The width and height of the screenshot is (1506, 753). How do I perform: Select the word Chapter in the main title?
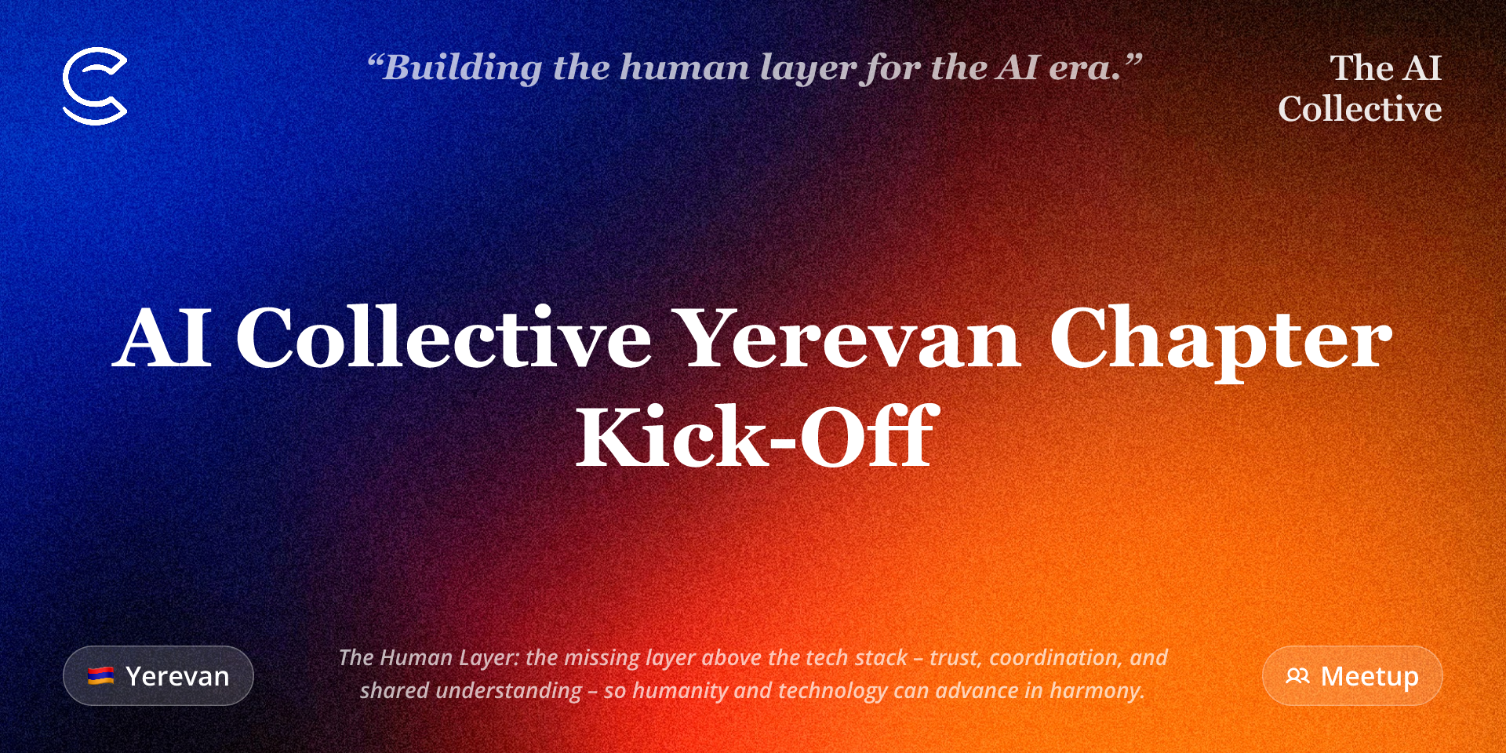coord(1221,340)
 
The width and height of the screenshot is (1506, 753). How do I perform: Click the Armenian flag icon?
coord(101,675)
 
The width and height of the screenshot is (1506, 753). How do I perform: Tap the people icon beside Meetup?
coord(1297,675)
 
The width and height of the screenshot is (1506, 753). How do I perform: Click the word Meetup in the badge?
coord(1370,675)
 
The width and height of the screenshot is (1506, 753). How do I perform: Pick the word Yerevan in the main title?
coord(849,339)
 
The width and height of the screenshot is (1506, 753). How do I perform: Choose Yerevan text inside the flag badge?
coord(177,676)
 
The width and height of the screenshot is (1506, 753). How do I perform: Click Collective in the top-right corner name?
coord(1360,109)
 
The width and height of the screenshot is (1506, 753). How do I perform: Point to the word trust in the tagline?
coord(955,657)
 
